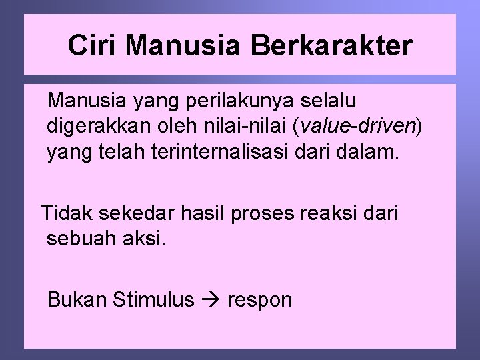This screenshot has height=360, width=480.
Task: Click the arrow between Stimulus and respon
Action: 210,300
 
